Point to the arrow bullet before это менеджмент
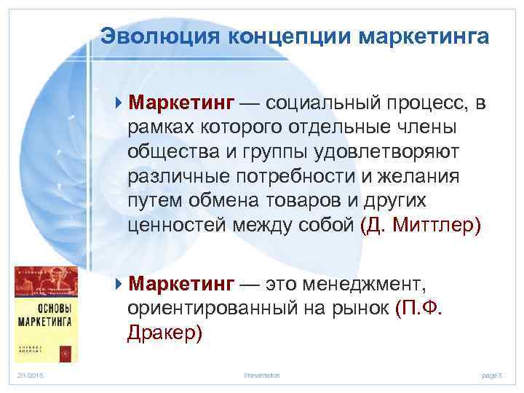point(120,282)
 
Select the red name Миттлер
point(436,226)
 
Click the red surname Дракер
point(164,332)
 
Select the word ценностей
point(177,226)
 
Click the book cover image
point(44,314)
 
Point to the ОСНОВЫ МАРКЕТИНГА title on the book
point(44,314)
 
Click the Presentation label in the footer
point(262,375)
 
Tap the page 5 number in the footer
point(492,375)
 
